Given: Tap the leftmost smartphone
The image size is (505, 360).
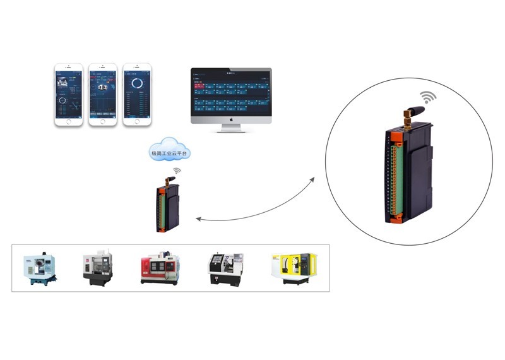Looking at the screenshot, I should (68, 94).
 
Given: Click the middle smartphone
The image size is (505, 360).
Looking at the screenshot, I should (102, 94).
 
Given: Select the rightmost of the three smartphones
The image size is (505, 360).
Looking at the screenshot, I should (136, 94).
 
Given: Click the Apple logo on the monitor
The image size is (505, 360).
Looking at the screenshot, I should (232, 118).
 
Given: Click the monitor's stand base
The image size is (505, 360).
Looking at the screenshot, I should (232, 131).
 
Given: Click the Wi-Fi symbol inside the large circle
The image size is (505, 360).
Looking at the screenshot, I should (429, 97).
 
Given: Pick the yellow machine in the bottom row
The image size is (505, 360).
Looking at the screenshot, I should (294, 268).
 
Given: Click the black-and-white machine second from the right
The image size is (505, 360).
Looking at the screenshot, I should (225, 268).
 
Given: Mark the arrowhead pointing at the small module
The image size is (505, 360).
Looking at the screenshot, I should (198, 219).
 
